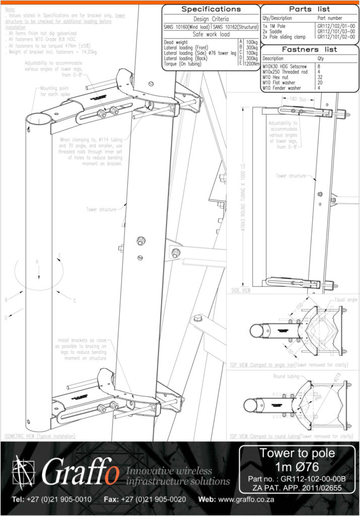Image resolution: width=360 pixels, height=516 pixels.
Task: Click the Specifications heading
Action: pos(210,9)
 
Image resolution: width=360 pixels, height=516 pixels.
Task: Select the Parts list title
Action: pos(310,9)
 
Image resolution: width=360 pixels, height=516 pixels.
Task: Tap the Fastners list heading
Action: pos(310,49)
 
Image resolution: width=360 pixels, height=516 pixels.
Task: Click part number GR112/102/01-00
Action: pos(336,25)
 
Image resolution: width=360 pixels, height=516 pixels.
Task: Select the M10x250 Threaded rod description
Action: pos(284,72)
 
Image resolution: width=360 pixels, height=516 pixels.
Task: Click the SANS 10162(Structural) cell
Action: pos(235,27)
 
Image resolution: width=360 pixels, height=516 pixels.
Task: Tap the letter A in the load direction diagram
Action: pos(36,262)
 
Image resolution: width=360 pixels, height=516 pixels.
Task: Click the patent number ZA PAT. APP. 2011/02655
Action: pos(294,488)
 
